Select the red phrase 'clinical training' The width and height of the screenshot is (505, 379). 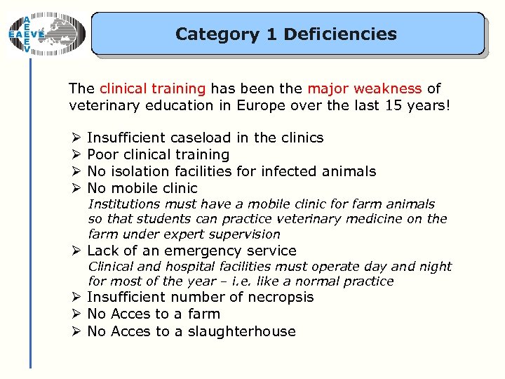152,88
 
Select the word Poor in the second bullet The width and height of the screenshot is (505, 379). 102,154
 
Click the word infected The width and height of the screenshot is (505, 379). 296,171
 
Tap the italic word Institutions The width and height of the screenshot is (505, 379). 123,204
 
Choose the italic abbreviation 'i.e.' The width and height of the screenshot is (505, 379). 267,281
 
